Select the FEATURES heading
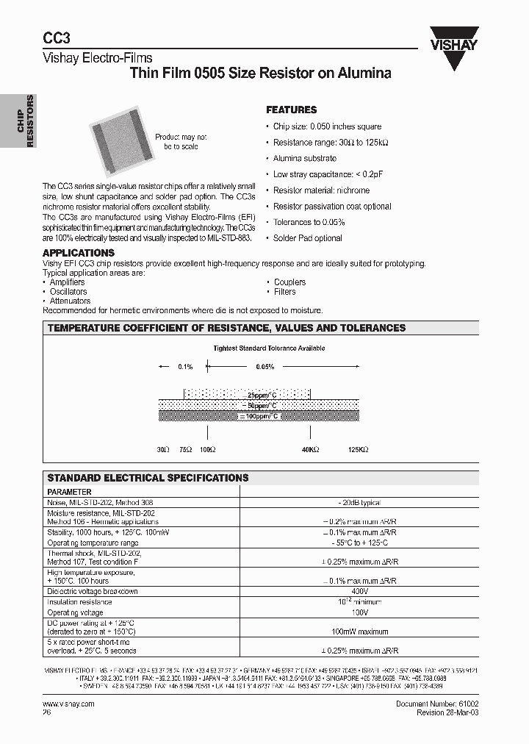pyautogui.click(x=292, y=110)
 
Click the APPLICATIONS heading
pyautogui.click(x=79, y=253)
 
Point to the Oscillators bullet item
pyautogui.click(x=68, y=292)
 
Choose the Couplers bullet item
pyautogui.click(x=289, y=282)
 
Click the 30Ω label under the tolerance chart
pyautogui.click(x=163, y=449)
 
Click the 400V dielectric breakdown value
pyautogui.click(x=359, y=591)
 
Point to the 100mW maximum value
pyautogui.click(x=359, y=632)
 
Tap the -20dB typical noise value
pyautogui.click(x=359, y=501)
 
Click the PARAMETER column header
pyautogui.click(x=69, y=492)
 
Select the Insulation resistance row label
pyautogui.click(x=79, y=601)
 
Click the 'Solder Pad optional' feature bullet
pyautogui.click(x=307, y=238)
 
